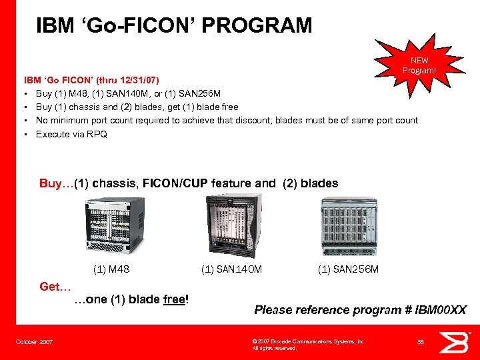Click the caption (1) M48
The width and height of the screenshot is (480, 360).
tap(111, 269)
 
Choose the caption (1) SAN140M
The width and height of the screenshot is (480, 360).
tap(231, 269)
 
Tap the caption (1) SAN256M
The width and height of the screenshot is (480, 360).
tap(348, 269)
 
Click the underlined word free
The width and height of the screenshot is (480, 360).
tap(175, 299)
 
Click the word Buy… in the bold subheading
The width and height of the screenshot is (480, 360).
tap(56, 183)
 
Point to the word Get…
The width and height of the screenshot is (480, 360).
tap(55, 286)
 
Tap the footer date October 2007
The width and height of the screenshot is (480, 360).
tap(35, 342)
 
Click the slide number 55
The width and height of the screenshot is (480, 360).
tap(420, 342)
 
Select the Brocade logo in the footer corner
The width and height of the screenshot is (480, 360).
tap(459, 343)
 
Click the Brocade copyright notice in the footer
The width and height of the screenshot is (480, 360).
tap(308, 344)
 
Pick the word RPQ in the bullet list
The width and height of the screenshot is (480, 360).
tap(100, 135)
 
